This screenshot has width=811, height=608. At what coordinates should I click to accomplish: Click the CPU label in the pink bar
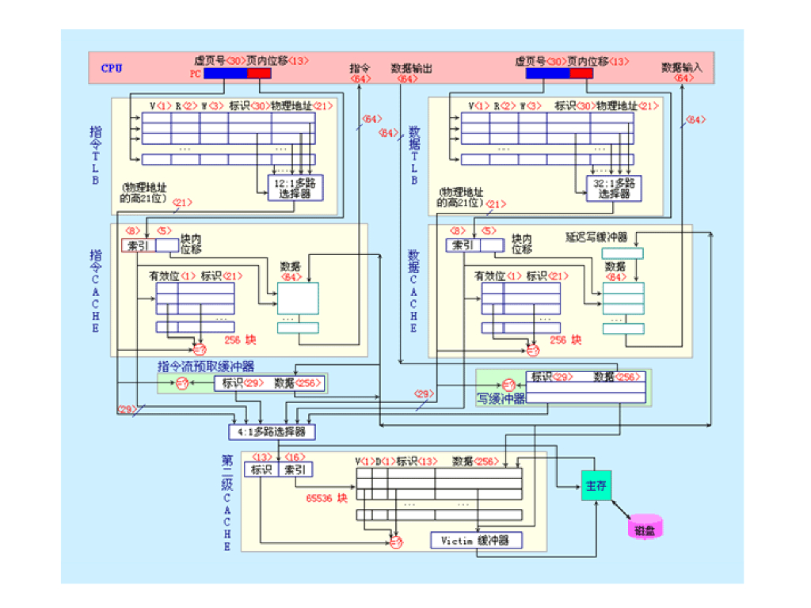[x=112, y=68]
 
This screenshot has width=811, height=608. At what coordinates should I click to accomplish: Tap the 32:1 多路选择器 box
[x=613, y=188]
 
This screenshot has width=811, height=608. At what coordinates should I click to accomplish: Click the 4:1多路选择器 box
[x=272, y=432]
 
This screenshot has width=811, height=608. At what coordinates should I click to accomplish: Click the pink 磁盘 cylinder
[x=645, y=528]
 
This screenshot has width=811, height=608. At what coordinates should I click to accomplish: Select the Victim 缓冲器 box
[x=477, y=541]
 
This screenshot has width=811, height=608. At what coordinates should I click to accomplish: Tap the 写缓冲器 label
[x=501, y=398]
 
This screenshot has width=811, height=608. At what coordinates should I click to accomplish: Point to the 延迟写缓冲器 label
[x=596, y=237]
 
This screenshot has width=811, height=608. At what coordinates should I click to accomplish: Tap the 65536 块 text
[x=326, y=499]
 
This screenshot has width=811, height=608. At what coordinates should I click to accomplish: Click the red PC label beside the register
[x=196, y=74]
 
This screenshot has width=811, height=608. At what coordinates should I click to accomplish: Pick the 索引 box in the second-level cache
[x=295, y=470]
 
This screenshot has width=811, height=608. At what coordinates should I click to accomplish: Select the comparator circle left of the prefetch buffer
[x=181, y=384]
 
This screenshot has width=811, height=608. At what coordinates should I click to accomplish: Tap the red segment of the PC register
[x=259, y=74]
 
